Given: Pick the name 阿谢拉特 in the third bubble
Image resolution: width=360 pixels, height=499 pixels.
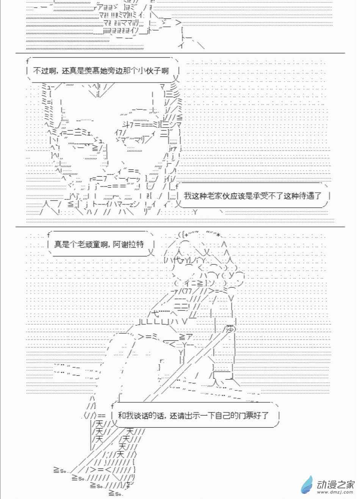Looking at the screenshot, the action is [x=129, y=245].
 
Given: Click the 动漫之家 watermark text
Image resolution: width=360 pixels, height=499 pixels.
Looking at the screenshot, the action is [x=335, y=484].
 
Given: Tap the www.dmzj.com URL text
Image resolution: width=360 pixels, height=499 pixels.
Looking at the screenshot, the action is [x=335, y=492].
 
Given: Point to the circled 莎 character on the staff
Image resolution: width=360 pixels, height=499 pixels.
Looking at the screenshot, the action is [x=230, y=328].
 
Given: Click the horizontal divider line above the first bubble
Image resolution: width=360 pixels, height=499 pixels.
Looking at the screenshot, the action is [x=180, y=53].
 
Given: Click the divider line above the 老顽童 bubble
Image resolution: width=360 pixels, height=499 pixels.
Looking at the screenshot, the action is [x=180, y=227].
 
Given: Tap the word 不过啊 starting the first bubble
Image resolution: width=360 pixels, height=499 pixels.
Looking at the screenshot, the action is [x=45, y=71].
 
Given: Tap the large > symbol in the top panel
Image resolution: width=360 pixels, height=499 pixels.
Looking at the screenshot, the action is [x=178, y=22].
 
